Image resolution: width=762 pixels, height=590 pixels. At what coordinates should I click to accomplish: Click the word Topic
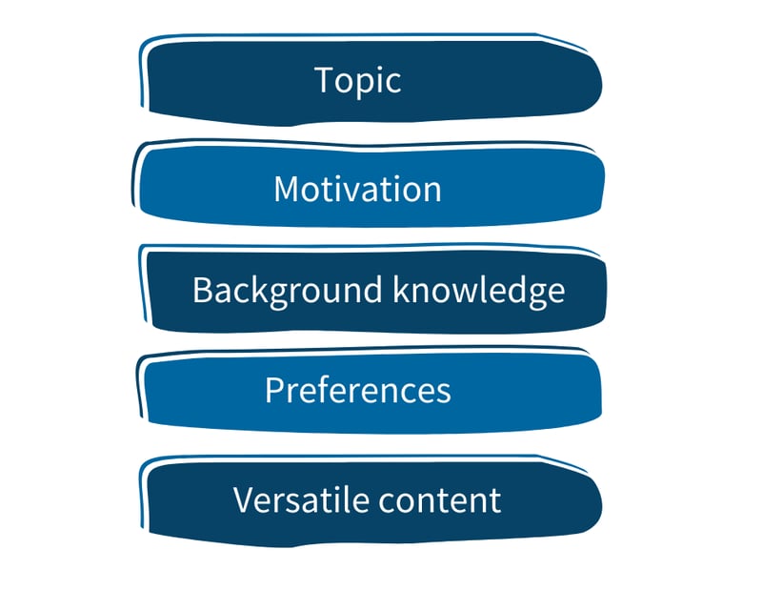(x=357, y=80)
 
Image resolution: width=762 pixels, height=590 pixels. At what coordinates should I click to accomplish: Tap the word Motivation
(x=357, y=189)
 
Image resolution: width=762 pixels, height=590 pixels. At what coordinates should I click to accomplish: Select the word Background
(x=278, y=290)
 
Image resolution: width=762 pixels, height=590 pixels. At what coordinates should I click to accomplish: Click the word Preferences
(x=357, y=390)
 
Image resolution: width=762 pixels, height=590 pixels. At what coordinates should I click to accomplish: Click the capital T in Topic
(x=324, y=80)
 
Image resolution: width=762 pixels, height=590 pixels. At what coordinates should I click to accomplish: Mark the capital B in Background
(x=201, y=290)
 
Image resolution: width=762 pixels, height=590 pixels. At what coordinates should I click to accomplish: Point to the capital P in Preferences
(x=273, y=390)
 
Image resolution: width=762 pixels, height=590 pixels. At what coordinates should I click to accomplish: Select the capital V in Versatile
(x=243, y=499)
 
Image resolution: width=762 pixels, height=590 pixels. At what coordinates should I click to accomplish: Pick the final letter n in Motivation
(x=432, y=191)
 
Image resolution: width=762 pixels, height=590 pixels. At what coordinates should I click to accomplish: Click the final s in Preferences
(x=443, y=392)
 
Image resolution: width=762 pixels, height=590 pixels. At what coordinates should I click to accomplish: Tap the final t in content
(x=495, y=500)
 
